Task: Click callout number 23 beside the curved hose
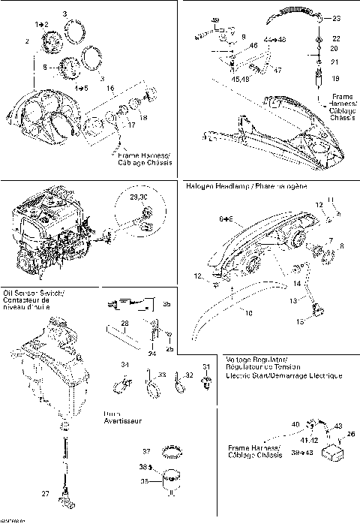click(x=336, y=18)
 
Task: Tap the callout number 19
click(x=335, y=77)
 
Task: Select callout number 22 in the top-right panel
click(x=335, y=38)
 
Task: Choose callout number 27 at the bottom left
click(x=46, y=493)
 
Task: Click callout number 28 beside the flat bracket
click(x=124, y=323)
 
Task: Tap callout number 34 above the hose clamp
click(x=125, y=365)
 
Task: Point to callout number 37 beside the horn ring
click(x=147, y=451)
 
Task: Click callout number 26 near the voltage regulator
click(x=350, y=433)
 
